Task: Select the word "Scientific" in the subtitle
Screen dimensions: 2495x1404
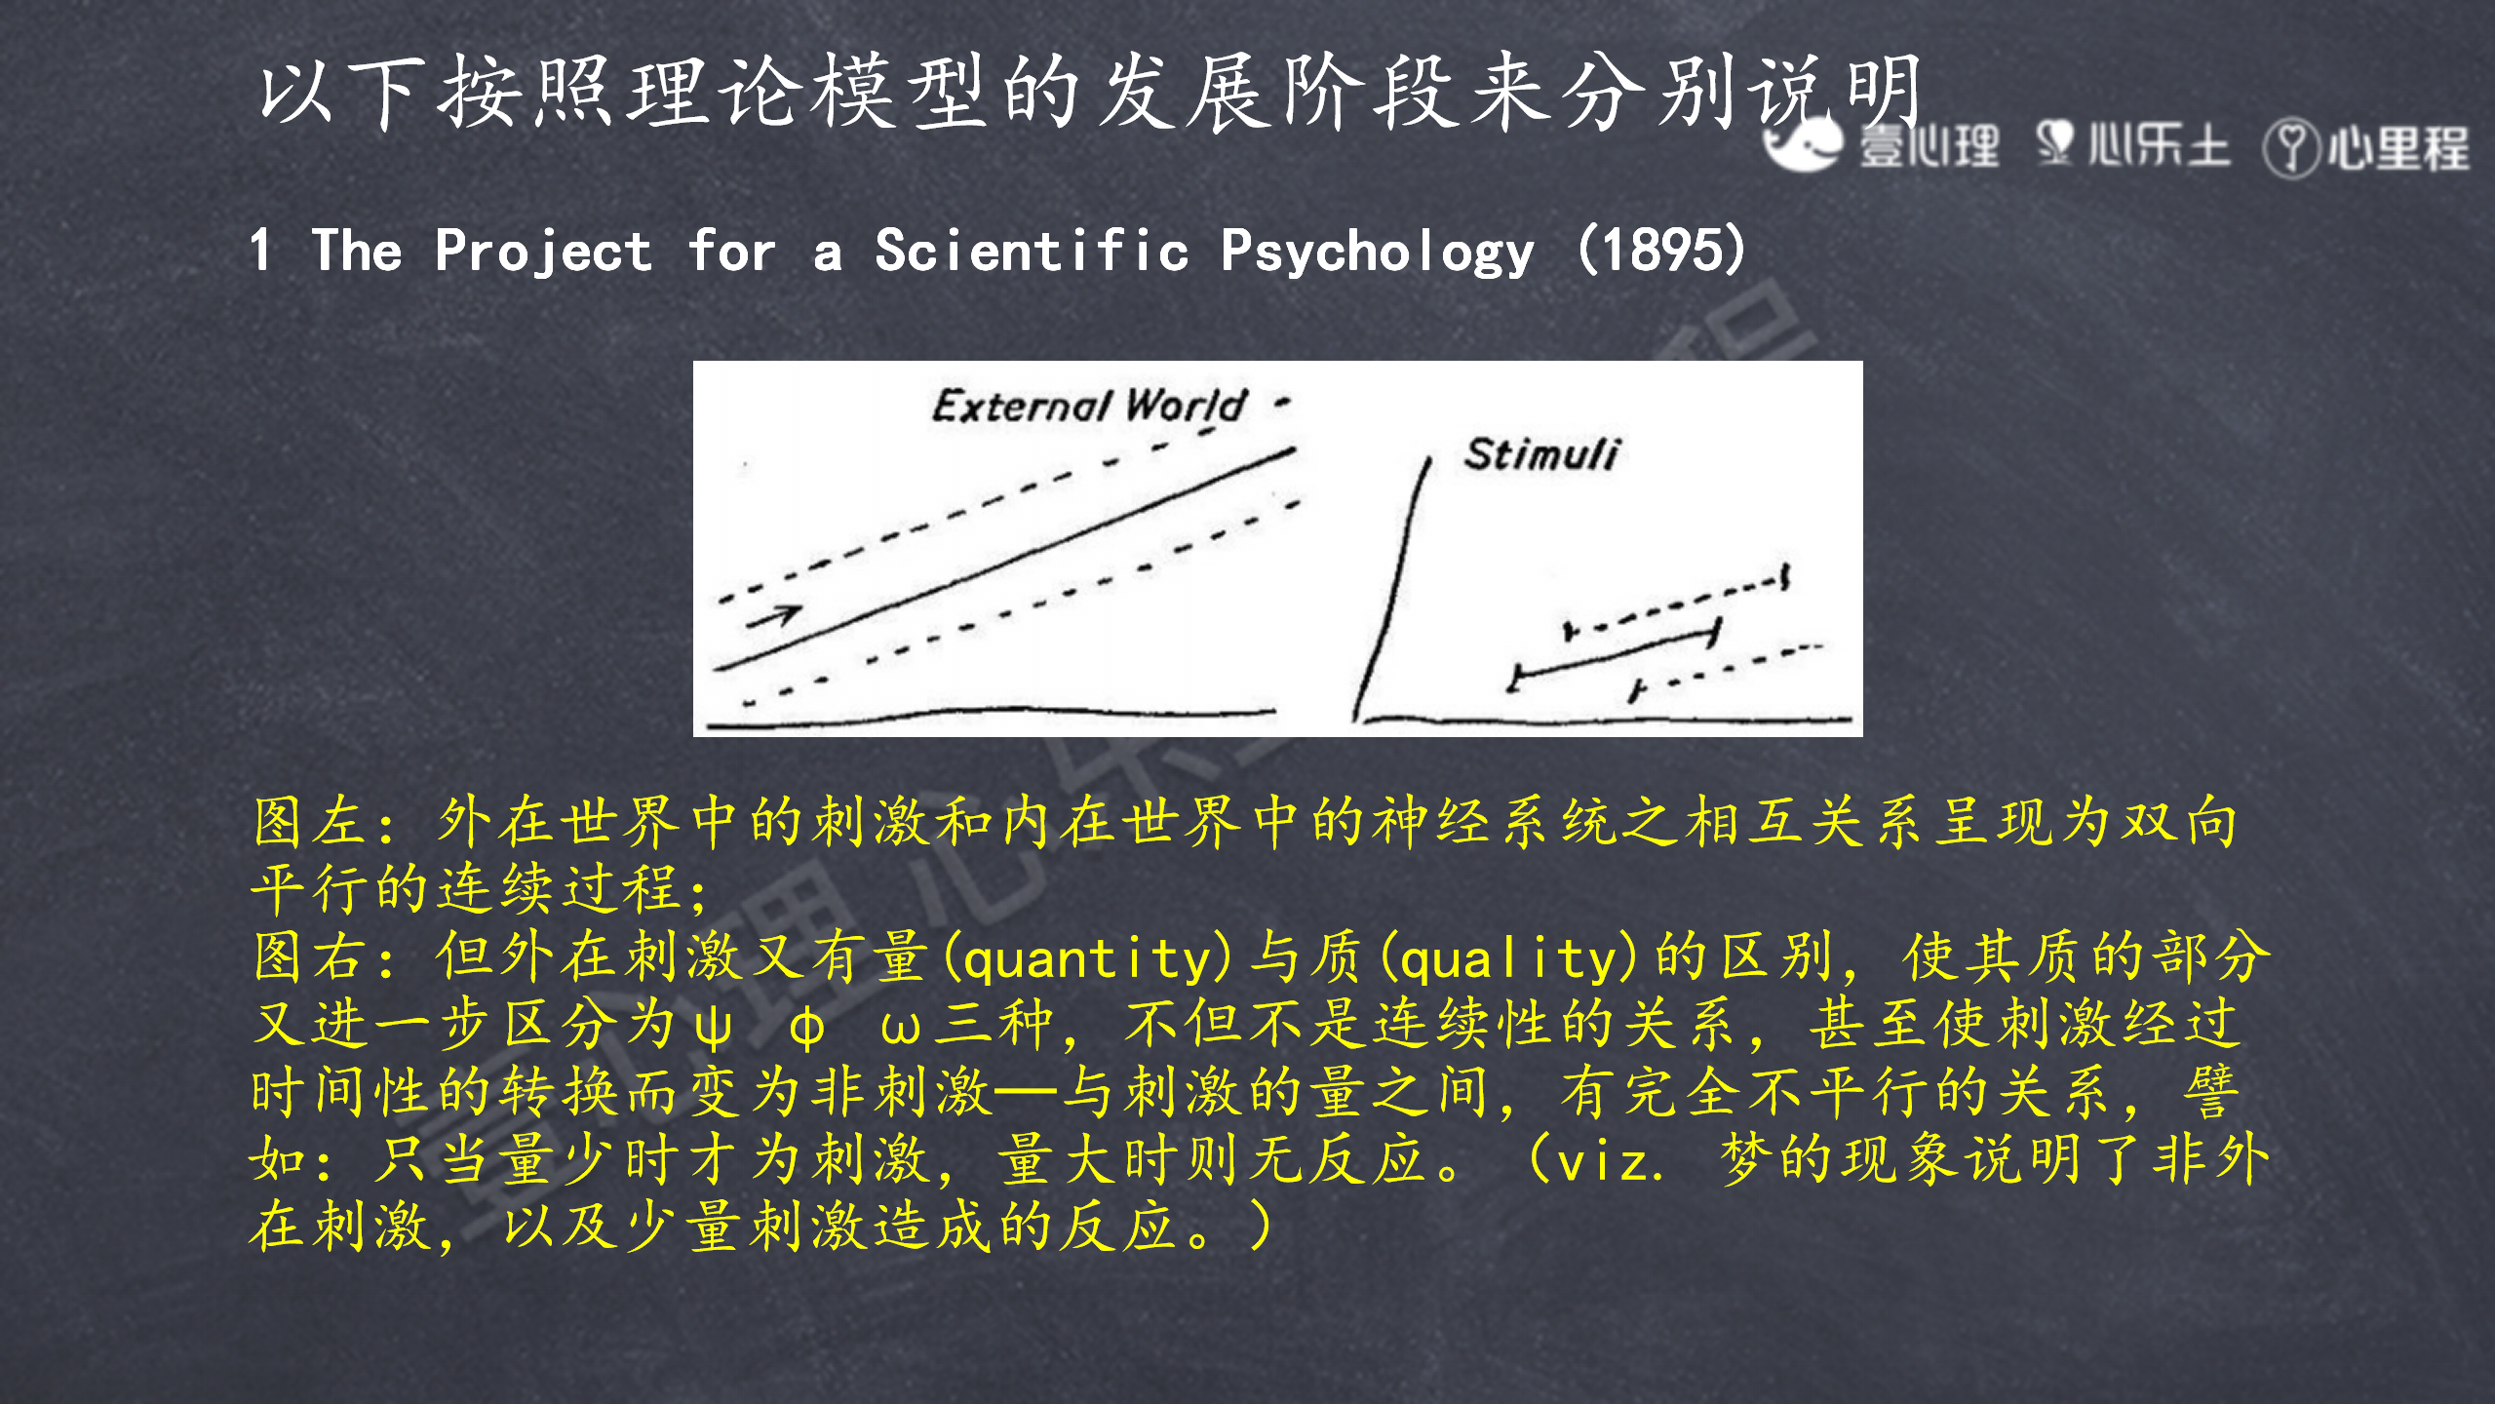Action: tap(1032, 250)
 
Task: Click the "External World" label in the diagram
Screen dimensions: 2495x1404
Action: tap(1089, 405)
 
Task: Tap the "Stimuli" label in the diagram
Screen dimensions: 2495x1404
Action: tap(1540, 454)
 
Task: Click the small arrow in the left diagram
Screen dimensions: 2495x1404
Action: tap(775, 615)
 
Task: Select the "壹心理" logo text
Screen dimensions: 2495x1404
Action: tap(1928, 147)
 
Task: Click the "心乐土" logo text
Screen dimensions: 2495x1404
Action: tap(2158, 146)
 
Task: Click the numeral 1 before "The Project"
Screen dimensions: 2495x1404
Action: tap(259, 250)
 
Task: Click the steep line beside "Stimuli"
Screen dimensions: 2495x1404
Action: tap(1392, 590)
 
